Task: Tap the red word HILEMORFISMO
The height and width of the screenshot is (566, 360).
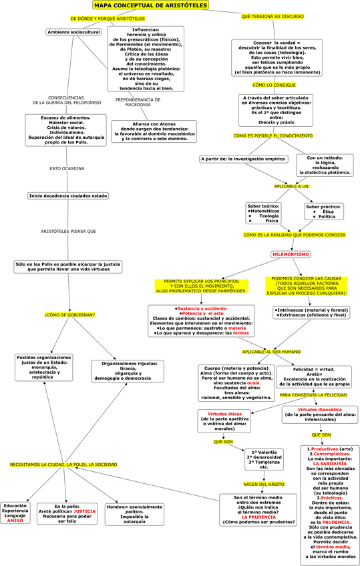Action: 291,254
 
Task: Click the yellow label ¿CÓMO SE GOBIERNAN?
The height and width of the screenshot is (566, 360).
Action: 69,314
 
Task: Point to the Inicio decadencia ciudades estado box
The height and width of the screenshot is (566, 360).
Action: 67,196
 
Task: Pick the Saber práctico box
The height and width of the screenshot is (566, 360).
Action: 323,212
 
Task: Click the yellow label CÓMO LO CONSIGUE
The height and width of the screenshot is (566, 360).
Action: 273,85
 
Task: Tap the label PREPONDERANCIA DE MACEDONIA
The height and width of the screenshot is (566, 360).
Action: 138,101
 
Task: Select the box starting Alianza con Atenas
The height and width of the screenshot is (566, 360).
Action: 154,130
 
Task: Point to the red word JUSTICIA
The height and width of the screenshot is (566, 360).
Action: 85,511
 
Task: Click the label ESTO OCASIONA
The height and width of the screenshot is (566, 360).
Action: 67,168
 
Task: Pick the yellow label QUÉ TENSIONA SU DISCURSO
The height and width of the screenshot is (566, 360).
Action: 273,15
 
